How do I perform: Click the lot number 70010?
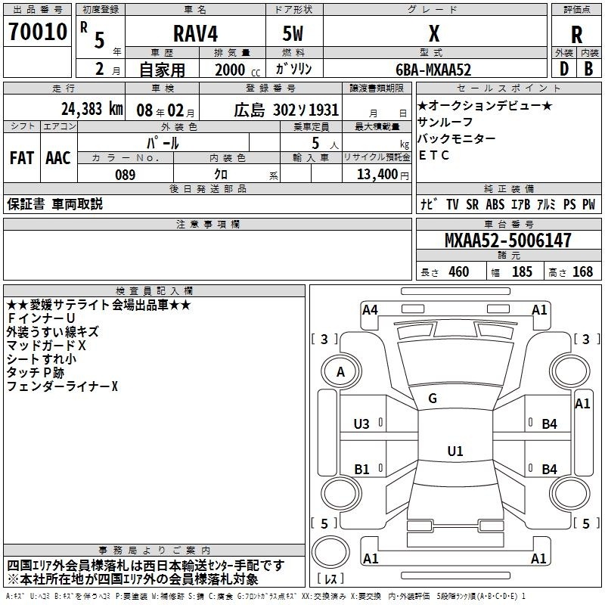click(x=38, y=32)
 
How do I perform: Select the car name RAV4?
click(x=196, y=33)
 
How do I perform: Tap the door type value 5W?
click(x=293, y=33)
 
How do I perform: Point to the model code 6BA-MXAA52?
click(x=433, y=70)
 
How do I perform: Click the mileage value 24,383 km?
click(x=92, y=109)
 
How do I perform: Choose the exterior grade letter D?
click(x=564, y=69)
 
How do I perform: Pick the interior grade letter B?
click(x=588, y=69)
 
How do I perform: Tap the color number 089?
click(x=126, y=175)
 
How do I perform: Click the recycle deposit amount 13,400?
click(x=377, y=174)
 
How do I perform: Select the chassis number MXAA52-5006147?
click(x=507, y=240)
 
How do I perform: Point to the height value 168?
click(x=582, y=271)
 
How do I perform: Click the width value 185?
click(x=522, y=271)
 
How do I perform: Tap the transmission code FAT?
click(x=22, y=158)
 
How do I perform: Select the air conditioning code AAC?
click(x=58, y=158)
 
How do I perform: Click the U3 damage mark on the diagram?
click(x=361, y=424)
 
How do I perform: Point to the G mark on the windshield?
click(x=433, y=398)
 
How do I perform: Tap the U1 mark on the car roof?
click(x=455, y=451)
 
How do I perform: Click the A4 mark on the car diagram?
click(x=370, y=309)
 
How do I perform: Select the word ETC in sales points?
click(x=433, y=155)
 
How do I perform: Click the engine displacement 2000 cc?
click(x=237, y=70)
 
